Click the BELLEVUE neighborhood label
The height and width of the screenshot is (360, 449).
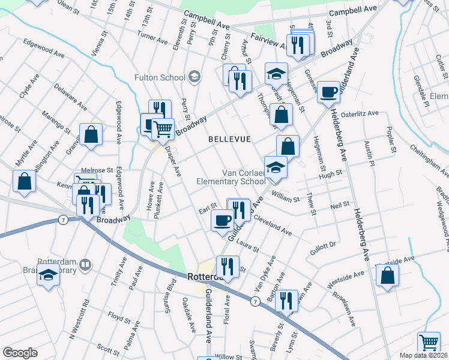(x=229, y=139)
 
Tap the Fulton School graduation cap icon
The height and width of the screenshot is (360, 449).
(x=194, y=77)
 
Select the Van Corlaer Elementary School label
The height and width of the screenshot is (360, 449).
(x=231, y=177)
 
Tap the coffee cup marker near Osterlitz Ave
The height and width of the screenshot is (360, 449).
(x=328, y=92)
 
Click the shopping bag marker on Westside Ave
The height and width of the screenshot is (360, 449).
(x=388, y=275)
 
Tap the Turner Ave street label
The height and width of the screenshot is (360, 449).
(x=152, y=37)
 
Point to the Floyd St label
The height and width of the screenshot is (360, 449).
(x=119, y=316)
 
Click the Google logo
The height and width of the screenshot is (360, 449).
(x=20, y=353)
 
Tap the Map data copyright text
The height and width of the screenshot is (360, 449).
(x=424, y=355)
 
